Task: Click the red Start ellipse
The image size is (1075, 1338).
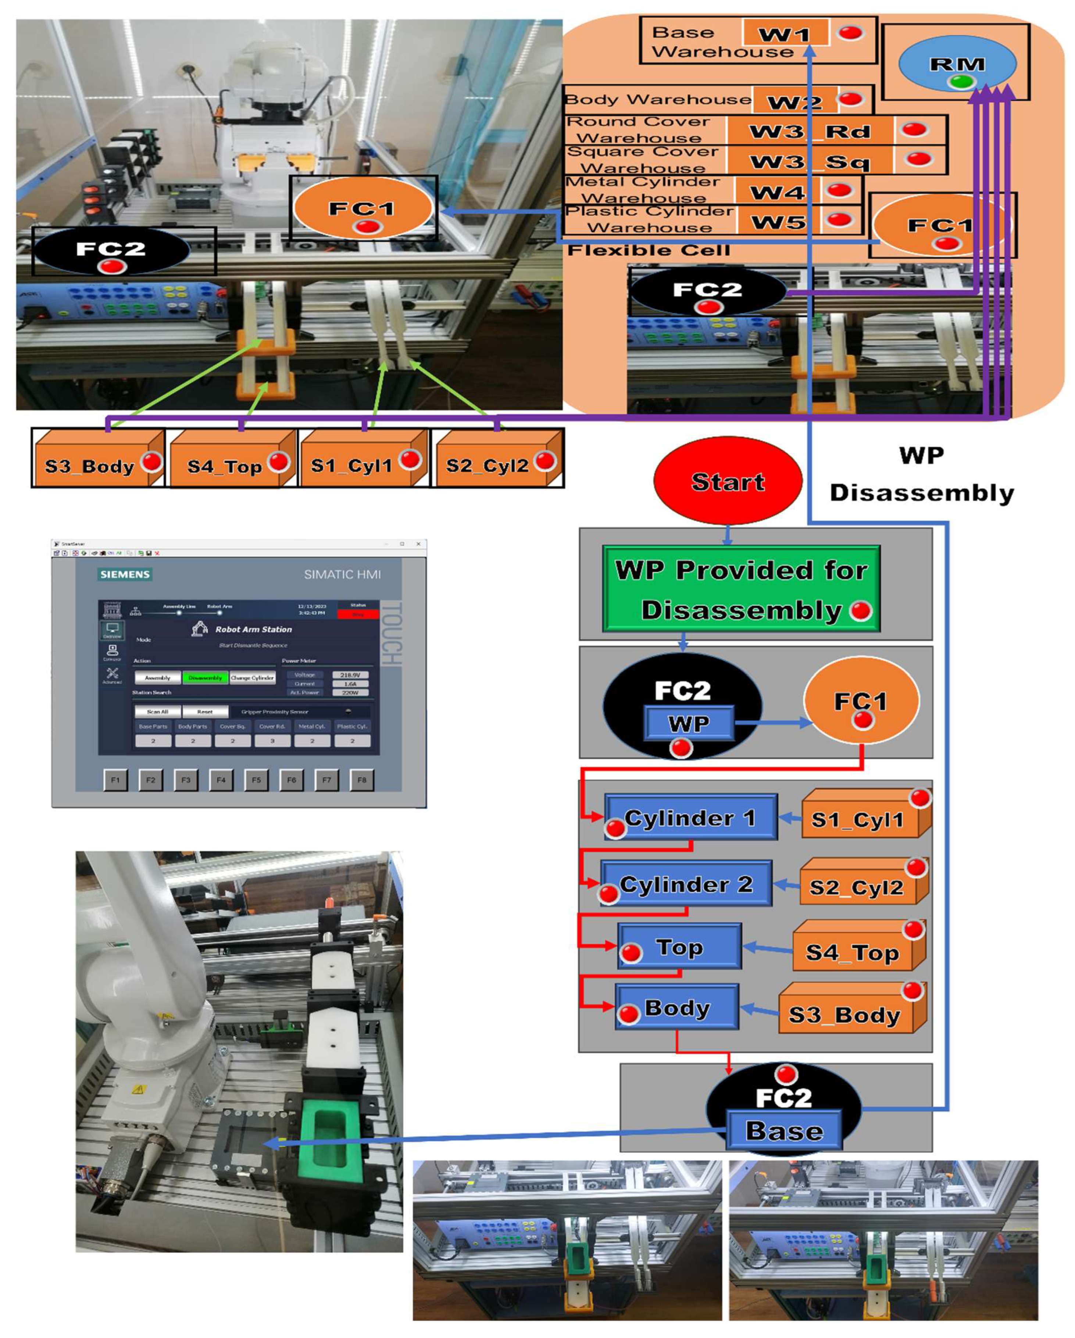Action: (728, 481)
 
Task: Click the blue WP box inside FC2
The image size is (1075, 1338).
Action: (689, 723)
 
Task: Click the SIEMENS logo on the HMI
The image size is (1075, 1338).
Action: (125, 574)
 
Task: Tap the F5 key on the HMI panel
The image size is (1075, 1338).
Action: (256, 780)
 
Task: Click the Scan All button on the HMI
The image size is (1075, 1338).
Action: (158, 712)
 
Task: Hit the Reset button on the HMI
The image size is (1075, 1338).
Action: (205, 712)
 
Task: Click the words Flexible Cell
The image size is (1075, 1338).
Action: (649, 250)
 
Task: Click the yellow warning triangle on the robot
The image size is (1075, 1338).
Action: (138, 1088)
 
